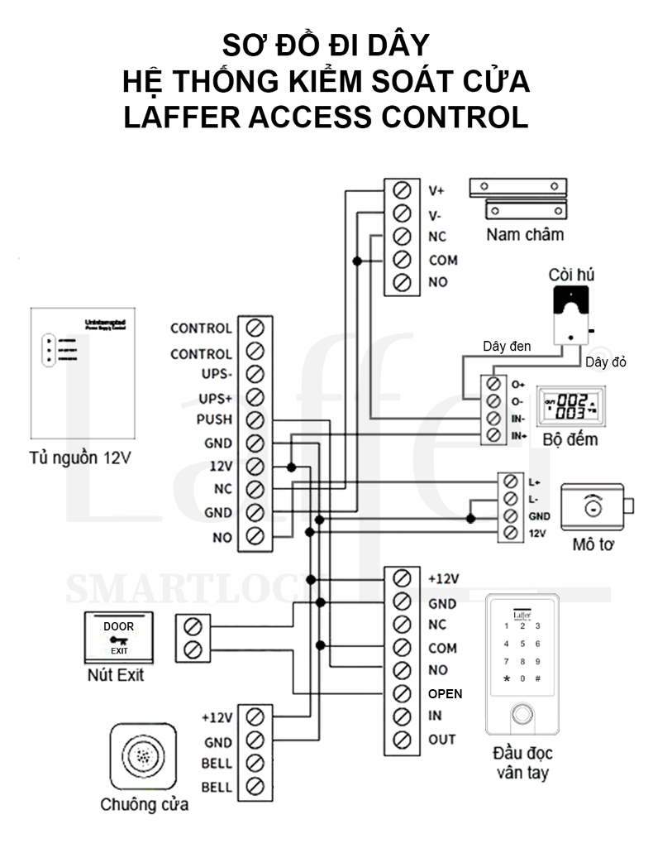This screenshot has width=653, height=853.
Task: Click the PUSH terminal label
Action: pyautogui.click(x=214, y=419)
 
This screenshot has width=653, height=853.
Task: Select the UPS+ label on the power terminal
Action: pyautogui.click(x=214, y=397)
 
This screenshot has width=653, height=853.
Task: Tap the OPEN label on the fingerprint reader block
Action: pyautogui.click(x=446, y=693)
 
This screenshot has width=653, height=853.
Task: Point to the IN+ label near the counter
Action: pyautogui.click(x=519, y=434)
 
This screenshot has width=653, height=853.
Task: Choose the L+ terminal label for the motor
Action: pyautogui.click(x=534, y=482)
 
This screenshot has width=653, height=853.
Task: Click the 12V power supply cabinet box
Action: pyautogui.click(x=79, y=373)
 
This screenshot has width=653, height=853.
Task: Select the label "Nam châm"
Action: pyautogui.click(x=525, y=234)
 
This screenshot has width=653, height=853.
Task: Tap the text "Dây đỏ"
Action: pyautogui.click(x=607, y=362)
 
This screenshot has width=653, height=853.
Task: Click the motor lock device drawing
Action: pyautogui.click(x=595, y=508)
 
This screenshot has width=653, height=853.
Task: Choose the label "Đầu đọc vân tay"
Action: pyautogui.click(x=522, y=763)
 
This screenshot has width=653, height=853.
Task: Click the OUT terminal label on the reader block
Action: pyautogui.click(x=441, y=739)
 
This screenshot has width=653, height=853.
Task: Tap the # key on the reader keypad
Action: pyautogui.click(x=538, y=678)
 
